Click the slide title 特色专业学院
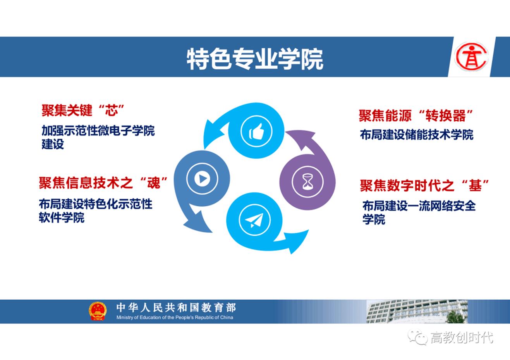pyautogui.click(x=254, y=59)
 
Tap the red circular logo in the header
pyautogui.click(x=471, y=57)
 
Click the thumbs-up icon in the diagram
pyautogui.click(x=256, y=132)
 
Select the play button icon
pyautogui.click(x=202, y=179)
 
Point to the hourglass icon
pyautogui.click(x=307, y=181)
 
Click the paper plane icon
pyautogui.click(x=254, y=220)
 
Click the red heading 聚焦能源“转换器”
pyautogui.click(x=416, y=115)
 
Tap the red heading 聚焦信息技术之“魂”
pyautogui.click(x=103, y=182)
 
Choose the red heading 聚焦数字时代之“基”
pyautogui.click(x=424, y=185)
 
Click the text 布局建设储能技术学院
pyautogui.click(x=417, y=135)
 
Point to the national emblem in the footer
pyautogui.click(x=97, y=311)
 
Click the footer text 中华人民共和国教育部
pyautogui.click(x=176, y=308)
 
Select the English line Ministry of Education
pyautogui.click(x=175, y=317)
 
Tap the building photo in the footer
pyautogui.click(x=417, y=311)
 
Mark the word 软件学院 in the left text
pyautogui.click(x=62, y=218)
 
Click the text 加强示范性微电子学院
pyautogui.click(x=98, y=131)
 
